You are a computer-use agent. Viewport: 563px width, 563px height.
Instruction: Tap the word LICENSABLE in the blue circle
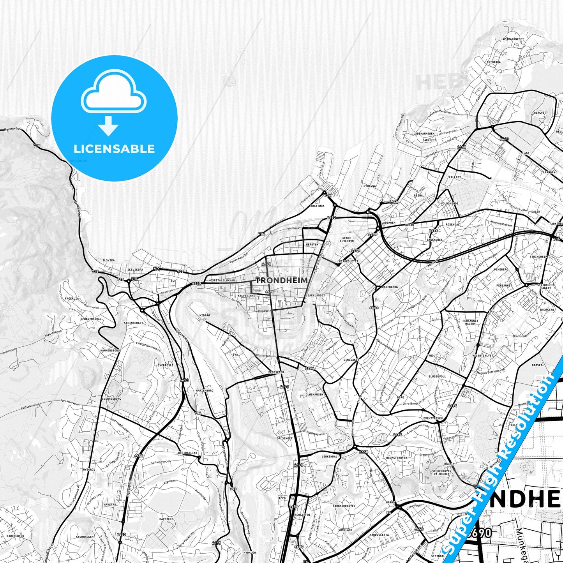(x=114, y=148)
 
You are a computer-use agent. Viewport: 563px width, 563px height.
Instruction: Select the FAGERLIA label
(x=72, y=298)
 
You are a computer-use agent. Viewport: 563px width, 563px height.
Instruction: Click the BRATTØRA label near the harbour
(x=316, y=206)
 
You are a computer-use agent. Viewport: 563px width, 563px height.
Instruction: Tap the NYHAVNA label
(x=369, y=186)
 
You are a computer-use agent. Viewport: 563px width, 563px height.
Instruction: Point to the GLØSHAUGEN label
(x=315, y=395)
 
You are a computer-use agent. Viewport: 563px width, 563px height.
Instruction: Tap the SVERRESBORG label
(x=111, y=399)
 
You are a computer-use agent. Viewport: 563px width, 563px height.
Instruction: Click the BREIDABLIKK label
(x=188, y=453)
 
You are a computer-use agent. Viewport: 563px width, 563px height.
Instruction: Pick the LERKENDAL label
(x=329, y=456)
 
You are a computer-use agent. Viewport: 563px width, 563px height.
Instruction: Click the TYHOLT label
(x=432, y=356)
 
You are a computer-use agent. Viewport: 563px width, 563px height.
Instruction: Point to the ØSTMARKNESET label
(x=514, y=39)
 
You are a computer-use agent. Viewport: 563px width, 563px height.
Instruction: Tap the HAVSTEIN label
(x=166, y=519)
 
